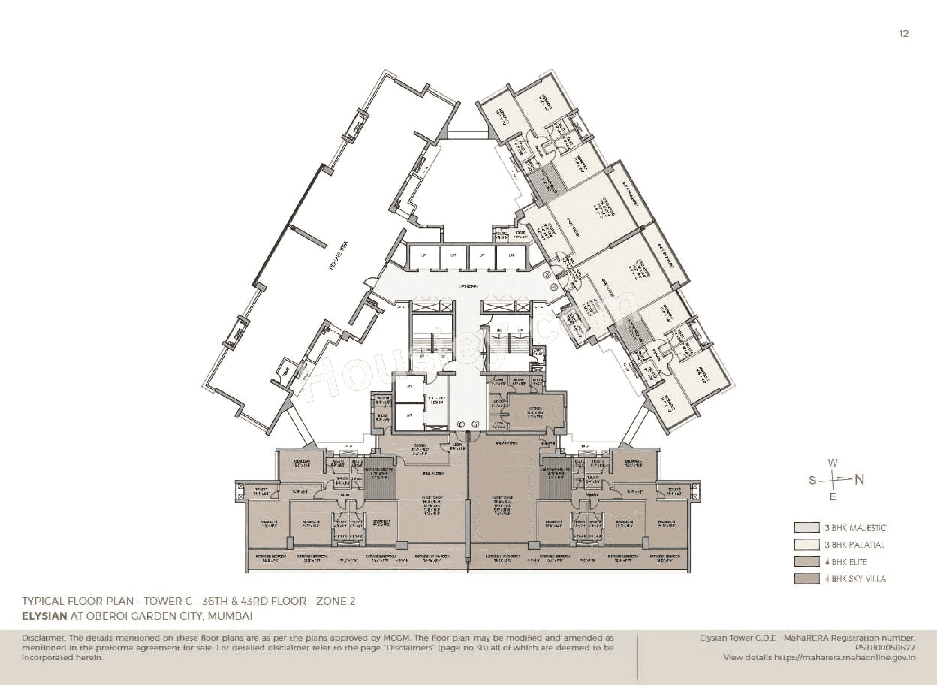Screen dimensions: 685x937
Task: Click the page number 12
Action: click(904, 34)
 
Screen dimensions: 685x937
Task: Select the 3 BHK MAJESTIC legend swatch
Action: click(807, 528)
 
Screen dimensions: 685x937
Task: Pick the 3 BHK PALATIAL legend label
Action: click(854, 545)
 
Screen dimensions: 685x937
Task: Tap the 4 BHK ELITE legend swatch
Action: click(807, 562)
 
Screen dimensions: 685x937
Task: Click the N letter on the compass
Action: click(860, 480)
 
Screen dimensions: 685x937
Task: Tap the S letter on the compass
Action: click(812, 481)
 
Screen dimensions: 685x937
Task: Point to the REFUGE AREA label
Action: click(338, 256)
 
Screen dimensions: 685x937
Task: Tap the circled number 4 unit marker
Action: click(555, 287)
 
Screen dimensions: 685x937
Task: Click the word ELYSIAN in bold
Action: click(44, 616)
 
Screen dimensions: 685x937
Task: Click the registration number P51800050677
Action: click(885, 648)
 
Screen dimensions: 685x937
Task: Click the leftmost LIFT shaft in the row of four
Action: click(423, 256)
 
